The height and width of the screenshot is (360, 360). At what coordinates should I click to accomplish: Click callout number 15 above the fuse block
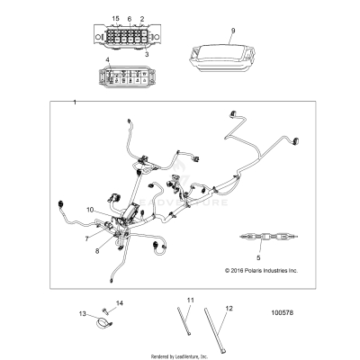point(116,19)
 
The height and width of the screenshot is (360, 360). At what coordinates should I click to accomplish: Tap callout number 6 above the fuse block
point(130,19)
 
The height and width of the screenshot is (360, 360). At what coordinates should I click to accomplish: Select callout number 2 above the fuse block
point(142,19)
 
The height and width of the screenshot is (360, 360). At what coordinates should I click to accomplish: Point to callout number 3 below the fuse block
point(147,54)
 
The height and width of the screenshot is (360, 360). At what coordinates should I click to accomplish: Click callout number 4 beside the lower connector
point(108,60)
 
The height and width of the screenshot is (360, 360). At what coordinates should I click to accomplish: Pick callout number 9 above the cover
point(233,31)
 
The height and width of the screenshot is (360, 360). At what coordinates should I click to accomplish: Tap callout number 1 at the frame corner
point(75,103)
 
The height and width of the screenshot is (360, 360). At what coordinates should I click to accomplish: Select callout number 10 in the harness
point(90,210)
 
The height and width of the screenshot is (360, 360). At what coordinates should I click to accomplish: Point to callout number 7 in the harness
point(87,238)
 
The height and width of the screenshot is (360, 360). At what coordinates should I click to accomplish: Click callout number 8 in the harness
point(97,251)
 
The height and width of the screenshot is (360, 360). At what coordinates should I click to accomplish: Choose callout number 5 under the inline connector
point(258,257)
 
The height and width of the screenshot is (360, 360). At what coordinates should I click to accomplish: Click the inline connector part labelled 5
point(269,237)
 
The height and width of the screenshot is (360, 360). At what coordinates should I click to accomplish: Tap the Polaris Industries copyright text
point(262,270)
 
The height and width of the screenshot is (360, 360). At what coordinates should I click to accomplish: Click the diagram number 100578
point(283,312)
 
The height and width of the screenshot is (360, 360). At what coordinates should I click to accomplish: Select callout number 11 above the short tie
point(191,300)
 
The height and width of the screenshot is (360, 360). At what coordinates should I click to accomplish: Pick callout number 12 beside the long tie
point(229,308)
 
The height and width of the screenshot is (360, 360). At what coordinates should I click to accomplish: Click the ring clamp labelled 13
point(104,324)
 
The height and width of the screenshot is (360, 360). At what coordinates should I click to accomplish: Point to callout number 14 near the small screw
point(120,303)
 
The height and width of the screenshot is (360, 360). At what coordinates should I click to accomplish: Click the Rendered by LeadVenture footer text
point(179,356)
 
